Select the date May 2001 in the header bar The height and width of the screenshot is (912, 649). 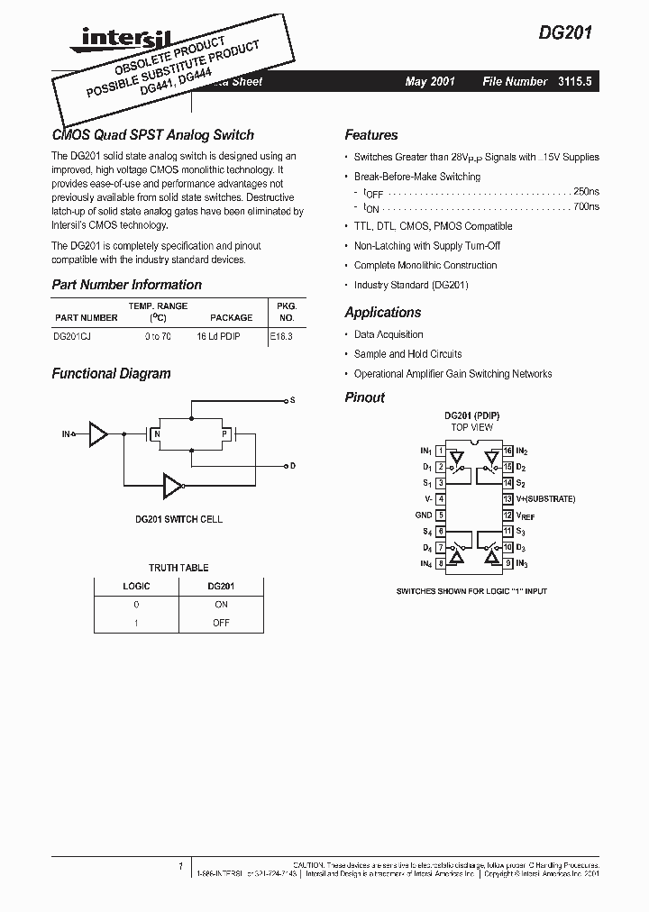coord(430,82)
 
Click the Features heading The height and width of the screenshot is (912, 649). coord(370,135)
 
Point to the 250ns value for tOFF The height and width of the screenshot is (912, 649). coord(586,192)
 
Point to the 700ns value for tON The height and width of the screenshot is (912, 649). coord(586,207)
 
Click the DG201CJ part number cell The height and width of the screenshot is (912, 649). coord(72,334)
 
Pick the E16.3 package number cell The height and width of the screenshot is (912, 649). coord(282,334)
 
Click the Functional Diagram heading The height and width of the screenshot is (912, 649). coord(111,374)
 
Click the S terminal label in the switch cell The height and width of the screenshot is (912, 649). coord(292,399)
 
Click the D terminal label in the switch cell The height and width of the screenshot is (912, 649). coord(292,466)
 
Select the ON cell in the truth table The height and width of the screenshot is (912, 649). coord(220,605)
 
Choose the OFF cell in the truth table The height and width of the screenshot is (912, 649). coord(220,623)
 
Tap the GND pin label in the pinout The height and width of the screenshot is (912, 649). coord(424,515)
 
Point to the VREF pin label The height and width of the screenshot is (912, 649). coord(526,515)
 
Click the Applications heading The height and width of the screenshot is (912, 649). coord(382,313)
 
